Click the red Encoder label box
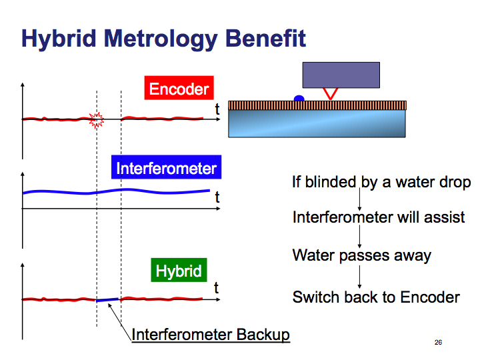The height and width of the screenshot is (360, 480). tap(179, 88)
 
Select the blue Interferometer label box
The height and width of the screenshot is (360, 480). tap(166, 167)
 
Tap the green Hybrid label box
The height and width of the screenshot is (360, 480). tap(179, 270)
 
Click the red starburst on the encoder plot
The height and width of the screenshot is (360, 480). tap(97, 120)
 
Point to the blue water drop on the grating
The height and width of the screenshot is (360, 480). tap(299, 98)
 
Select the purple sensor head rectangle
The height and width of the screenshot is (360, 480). tap(341, 75)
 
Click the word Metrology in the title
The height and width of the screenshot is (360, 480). tap(161, 39)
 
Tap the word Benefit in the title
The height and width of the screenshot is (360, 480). tap(265, 38)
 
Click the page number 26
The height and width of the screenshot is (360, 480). tap(438, 342)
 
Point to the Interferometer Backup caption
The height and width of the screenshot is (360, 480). tap(211, 334)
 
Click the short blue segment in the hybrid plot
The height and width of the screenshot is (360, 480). tap(107, 300)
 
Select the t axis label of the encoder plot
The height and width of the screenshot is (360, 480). tap(217, 109)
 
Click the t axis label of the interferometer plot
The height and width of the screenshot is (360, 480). tap(217, 197)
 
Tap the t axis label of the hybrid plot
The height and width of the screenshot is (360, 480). tap(216, 288)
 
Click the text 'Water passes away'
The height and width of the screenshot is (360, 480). tap(362, 255)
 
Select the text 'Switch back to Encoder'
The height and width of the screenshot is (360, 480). tap(376, 297)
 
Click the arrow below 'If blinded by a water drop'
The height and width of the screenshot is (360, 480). tap(360, 199)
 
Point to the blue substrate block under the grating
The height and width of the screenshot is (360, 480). tap(317, 124)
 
